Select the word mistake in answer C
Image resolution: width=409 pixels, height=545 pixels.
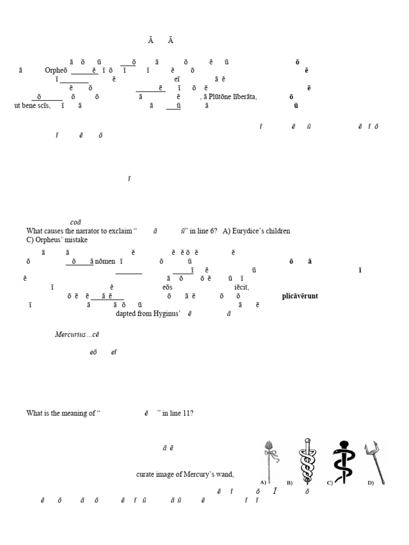pyautogui.click(x=75, y=240)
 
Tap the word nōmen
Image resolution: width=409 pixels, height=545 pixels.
pyautogui.click(x=106, y=261)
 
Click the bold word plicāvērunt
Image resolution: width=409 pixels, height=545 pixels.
pyautogui.click(x=300, y=296)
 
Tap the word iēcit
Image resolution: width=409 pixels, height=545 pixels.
pyautogui.click(x=241, y=287)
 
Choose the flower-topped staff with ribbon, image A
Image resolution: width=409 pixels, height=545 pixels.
pyautogui.click(x=269, y=460)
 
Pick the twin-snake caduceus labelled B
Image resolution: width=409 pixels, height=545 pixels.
pyautogui.click(x=306, y=460)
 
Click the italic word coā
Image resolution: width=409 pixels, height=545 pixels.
pyautogui.click(x=76, y=222)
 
